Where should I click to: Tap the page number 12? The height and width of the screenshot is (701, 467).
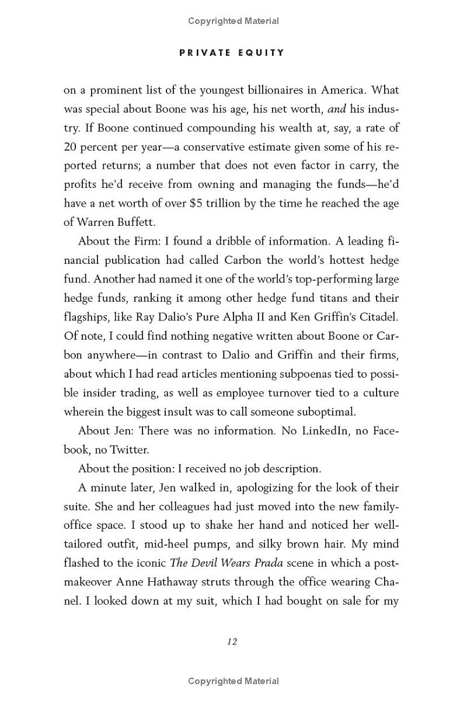click(232, 641)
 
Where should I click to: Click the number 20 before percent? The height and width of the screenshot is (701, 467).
click(70, 147)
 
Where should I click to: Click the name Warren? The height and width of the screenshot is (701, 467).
click(99, 222)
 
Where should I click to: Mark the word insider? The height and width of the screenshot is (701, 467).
click(93, 393)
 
